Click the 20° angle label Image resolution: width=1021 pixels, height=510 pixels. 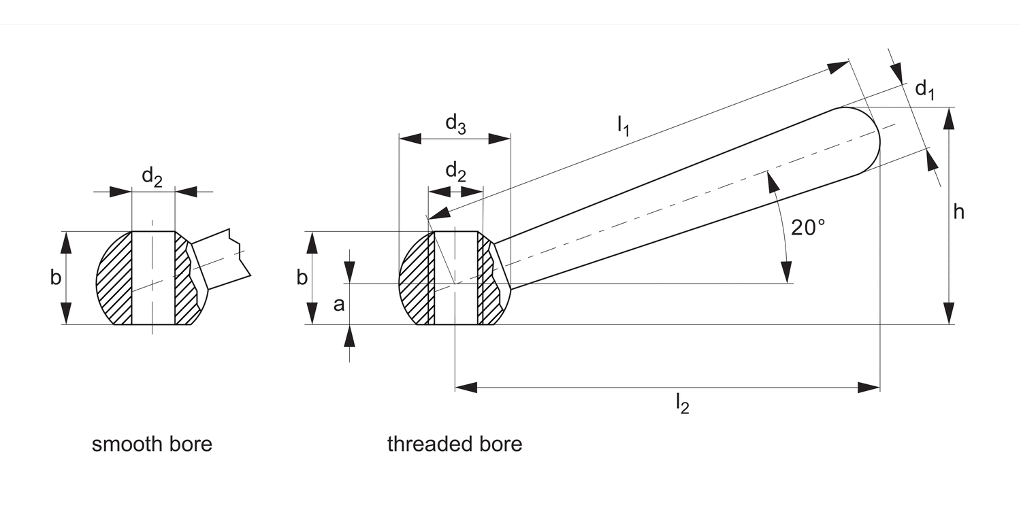pyautogui.click(x=807, y=227)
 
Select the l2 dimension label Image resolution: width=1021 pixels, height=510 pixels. pyautogui.click(x=682, y=404)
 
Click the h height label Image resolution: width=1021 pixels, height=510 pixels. pyautogui.click(x=958, y=213)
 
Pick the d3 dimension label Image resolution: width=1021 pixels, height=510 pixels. pyautogui.click(x=455, y=124)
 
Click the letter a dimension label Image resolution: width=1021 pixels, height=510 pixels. pyautogui.click(x=338, y=305)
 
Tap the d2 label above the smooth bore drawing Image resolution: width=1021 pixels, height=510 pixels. pyautogui.click(x=152, y=177)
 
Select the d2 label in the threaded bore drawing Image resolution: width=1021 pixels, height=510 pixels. pyautogui.click(x=455, y=172)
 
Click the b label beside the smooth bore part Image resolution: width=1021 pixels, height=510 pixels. pyautogui.click(x=56, y=277)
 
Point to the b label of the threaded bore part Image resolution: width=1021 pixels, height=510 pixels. pyautogui.click(x=302, y=277)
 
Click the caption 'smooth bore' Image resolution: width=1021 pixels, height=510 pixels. pyautogui.click(x=152, y=445)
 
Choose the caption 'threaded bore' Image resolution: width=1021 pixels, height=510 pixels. pyautogui.click(x=455, y=445)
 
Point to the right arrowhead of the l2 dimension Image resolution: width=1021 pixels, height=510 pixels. pyautogui.click(x=869, y=388)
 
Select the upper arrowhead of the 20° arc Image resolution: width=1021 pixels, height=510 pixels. pyautogui.click(x=771, y=180)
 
